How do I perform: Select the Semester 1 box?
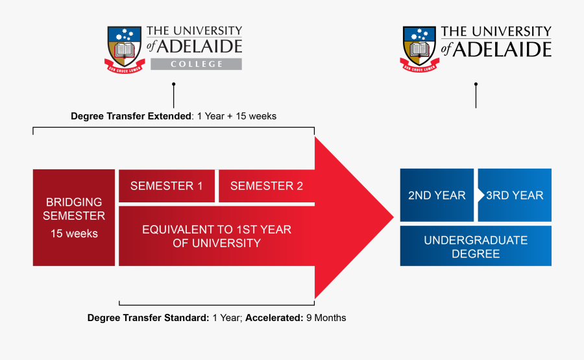(x=167, y=186)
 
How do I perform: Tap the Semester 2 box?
(x=266, y=186)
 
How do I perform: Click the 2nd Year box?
(x=437, y=195)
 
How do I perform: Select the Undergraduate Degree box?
(x=476, y=246)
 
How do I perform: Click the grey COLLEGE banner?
(x=196, y=64)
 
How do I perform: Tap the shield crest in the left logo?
(x=124, y=49)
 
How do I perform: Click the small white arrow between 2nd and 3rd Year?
(x=480, y=195)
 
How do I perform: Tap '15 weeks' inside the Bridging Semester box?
(x=74, y=234)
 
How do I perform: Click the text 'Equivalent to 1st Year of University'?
(x=217, y=237)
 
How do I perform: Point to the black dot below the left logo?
(x=173, y=84)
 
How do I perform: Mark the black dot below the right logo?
(x=476, y=84)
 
